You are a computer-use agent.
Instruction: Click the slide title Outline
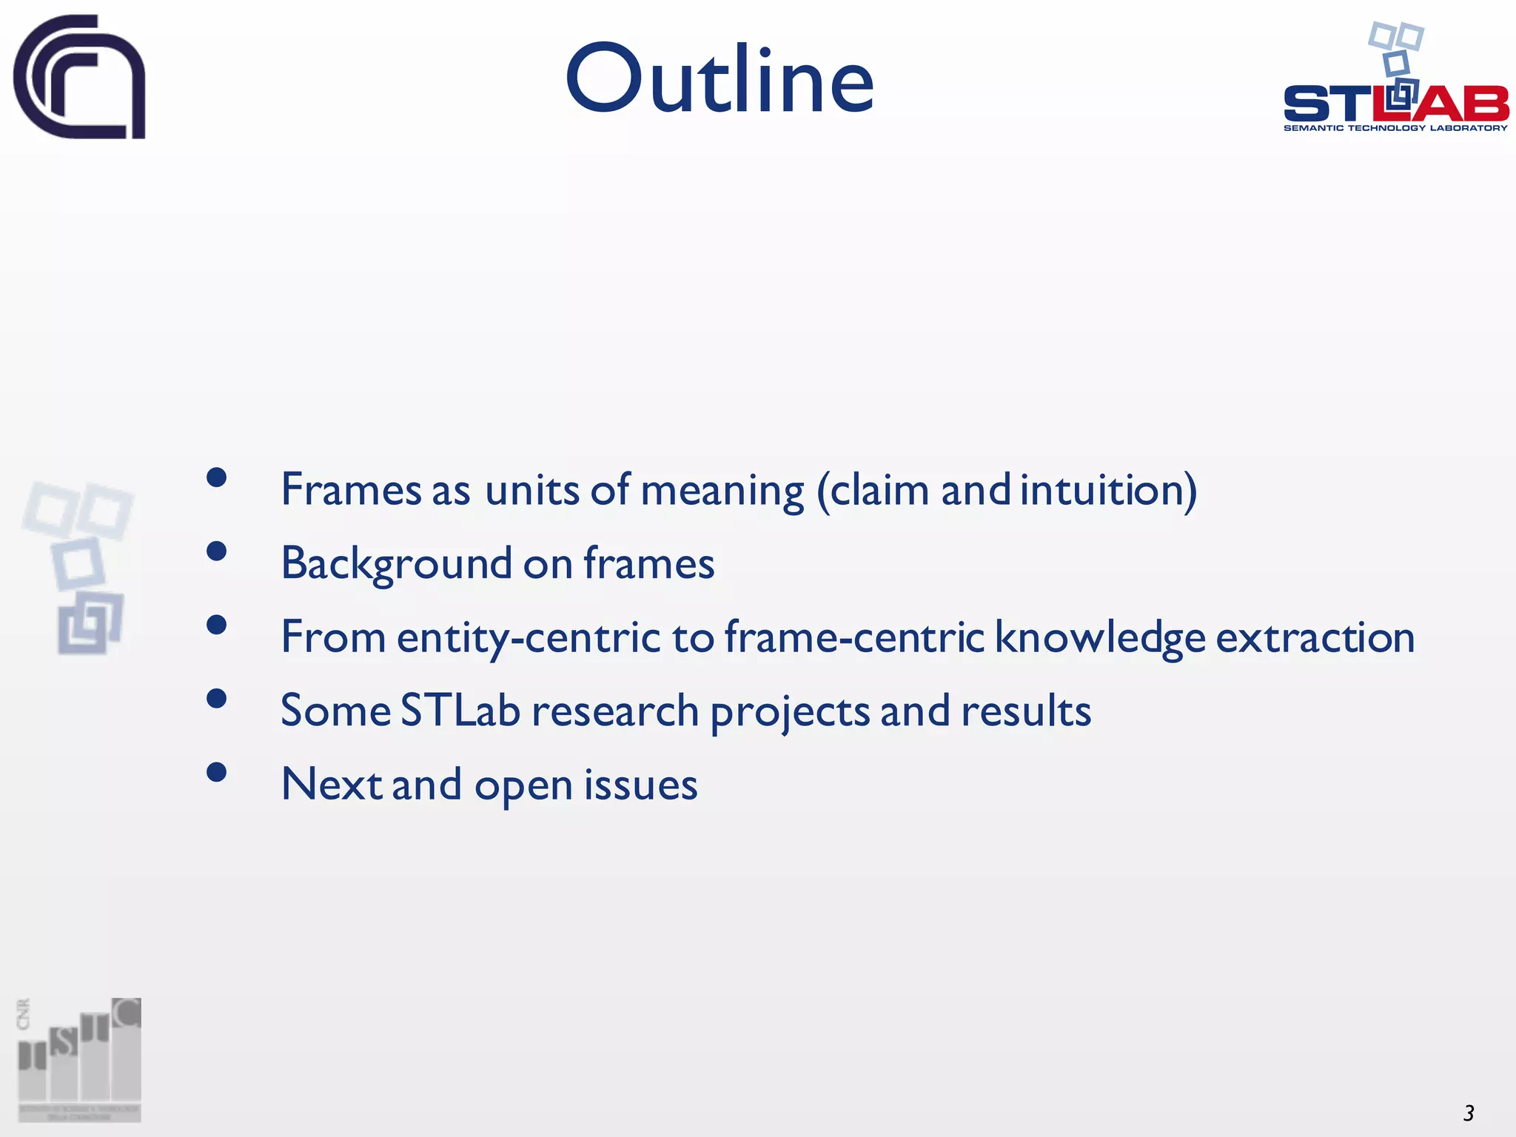point(720,80)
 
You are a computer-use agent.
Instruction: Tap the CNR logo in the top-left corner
point(79,76)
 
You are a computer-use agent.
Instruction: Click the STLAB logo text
point(1395,104)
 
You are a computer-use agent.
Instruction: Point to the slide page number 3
point(1469,1113)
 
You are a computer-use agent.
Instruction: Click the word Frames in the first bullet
point(351,490)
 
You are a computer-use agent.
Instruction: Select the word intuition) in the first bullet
point(1108,490)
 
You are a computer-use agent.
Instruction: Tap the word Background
point(396,564)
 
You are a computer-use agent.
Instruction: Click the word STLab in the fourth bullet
point(460,711)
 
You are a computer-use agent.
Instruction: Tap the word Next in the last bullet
point(331,785)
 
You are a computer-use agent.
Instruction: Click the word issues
point(640,785)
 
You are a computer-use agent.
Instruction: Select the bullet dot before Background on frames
point(216,551)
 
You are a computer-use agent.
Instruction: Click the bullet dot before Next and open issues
point(216,772)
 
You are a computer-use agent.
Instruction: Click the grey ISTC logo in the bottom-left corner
point(79,1059)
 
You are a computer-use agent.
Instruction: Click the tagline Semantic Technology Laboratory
point(1395,128)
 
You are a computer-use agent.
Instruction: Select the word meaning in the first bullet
point(722,490)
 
